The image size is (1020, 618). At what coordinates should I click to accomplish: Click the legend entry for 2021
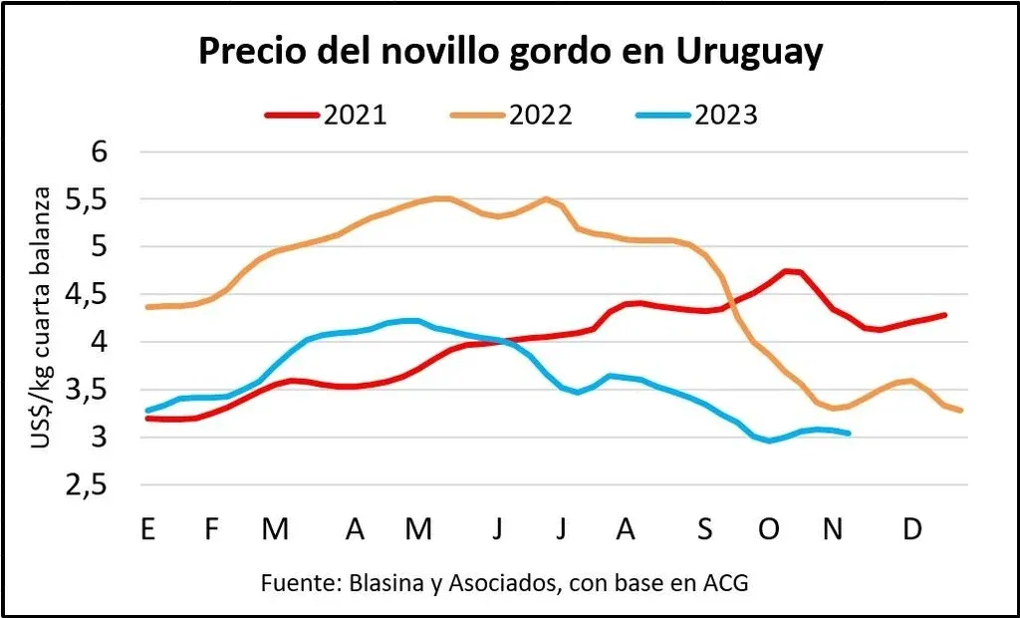coord(326,116)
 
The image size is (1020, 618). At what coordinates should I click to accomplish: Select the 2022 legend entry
coord(511,116)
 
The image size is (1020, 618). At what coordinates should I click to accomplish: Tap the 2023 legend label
coord(696,116)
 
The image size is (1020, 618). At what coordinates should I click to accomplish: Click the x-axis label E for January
coord(148,529)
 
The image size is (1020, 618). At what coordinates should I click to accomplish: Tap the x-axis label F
coord(211,529)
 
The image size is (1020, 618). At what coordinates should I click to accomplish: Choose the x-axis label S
coord(705,529)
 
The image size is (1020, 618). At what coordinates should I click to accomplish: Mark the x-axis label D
coord(912,529)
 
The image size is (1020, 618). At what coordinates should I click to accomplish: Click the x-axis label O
coord(769,529)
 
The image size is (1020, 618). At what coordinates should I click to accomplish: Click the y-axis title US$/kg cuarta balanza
coord(42,318)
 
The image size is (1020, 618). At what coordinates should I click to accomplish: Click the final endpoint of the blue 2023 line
coord(849,433)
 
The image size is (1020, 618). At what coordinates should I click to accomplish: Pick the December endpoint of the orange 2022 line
coord(961,411)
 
